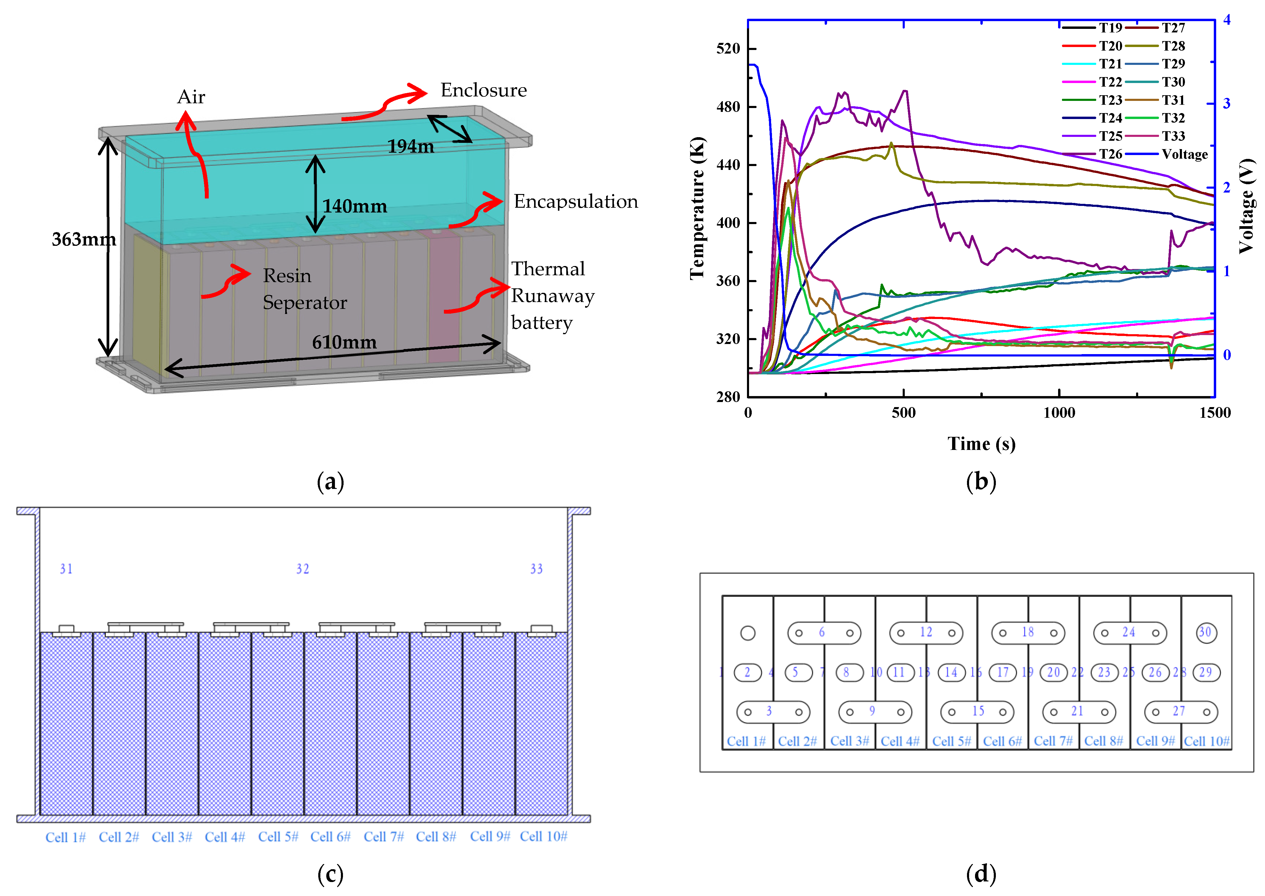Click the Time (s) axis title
click(x=981, y=444)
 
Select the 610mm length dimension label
click(x=344, y=343)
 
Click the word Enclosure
click(x=483, y=90)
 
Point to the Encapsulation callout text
click(x=576, y=201)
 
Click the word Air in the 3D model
click(x=191, y=97)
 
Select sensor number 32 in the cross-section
click(x=302, y=569)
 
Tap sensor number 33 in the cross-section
click(x=536, y=569)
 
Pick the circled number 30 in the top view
click(x=1205, y=632)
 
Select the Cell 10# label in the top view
click(x=1206, y=741)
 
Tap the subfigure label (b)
click(x=981, y=482)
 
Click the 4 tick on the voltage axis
click(x=1226, y=20)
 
